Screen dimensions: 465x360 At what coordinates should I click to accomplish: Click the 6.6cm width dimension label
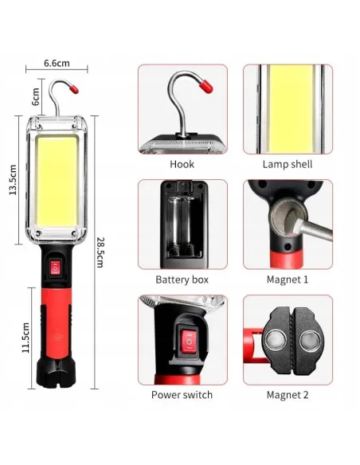click(x=56, y=63)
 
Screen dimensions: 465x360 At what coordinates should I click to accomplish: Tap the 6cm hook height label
click(x=36, y=96)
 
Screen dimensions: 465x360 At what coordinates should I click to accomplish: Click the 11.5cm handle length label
click(x=26, y=338)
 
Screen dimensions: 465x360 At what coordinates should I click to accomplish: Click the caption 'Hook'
click(x=182, y=165)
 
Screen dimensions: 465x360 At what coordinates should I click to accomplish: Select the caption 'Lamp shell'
click(x=287, y=165)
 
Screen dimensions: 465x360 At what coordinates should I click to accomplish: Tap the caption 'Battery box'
click(x=182, y=280)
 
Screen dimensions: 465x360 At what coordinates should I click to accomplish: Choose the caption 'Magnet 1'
click(x=287, y=280)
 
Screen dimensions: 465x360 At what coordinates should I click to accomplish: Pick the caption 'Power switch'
click(x=182, y=395)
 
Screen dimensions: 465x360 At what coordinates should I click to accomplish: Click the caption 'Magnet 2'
click(x=287, y=395)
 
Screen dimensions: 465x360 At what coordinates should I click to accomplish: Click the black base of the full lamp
click(x=57, y=376)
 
